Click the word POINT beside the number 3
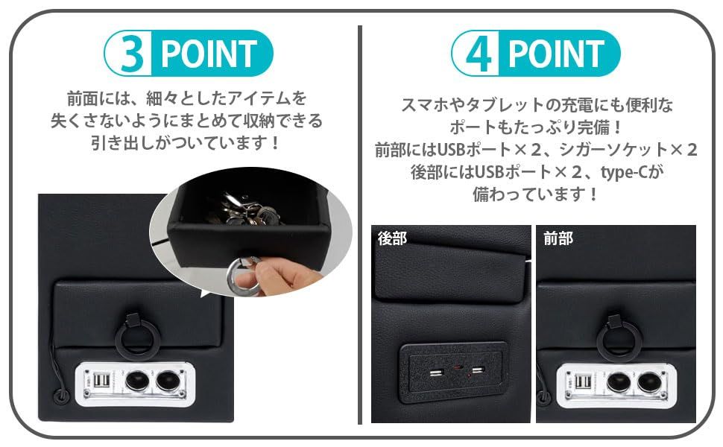click(x=209, y=54)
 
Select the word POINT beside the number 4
click(x=556, y=54)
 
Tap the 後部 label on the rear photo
click(x=392, y=238)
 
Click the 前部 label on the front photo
click(x=558, y=238)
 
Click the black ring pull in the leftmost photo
click(x=134, y=336)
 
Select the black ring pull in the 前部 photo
click(x=619, y=336)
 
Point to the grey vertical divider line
click(x=360, y=223)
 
